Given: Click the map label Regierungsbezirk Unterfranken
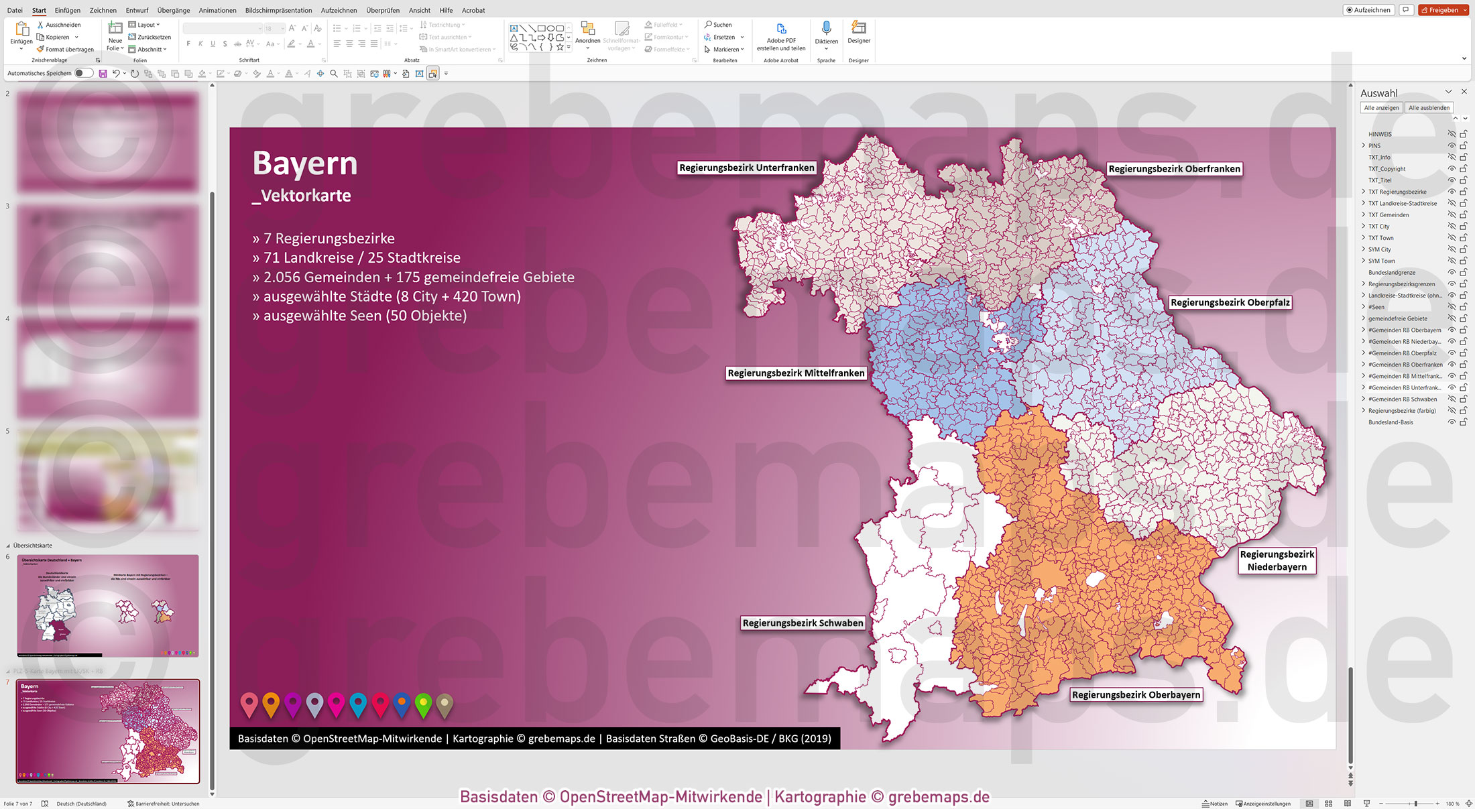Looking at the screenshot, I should (x=746, y=168).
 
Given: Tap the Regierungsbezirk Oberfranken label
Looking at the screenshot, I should (x=1174, y=169).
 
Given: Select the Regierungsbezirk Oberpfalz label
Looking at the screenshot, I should (x=1230, y=302).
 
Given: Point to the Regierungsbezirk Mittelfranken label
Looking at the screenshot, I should (x=796, y=373).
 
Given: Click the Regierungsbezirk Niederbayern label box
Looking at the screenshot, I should (x=1277, y=560).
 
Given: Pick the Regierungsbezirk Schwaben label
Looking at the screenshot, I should (x=803, y=623).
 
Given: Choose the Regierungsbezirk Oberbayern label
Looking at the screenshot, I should (x=1136, y=694).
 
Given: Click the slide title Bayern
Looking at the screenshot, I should (x=305, y=164).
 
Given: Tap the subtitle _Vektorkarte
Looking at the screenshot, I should (x=302, y=196).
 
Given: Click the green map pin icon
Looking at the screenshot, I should (x=423, y=704).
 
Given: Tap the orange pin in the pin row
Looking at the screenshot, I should (x=271, y=704).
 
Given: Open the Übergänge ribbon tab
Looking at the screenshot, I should (x=174, y=10).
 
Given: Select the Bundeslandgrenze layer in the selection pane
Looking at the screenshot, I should (x=1391, y=273).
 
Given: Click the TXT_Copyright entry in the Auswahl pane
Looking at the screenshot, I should (x=1386, y=169).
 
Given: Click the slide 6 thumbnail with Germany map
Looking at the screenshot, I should (x=108, y=605).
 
